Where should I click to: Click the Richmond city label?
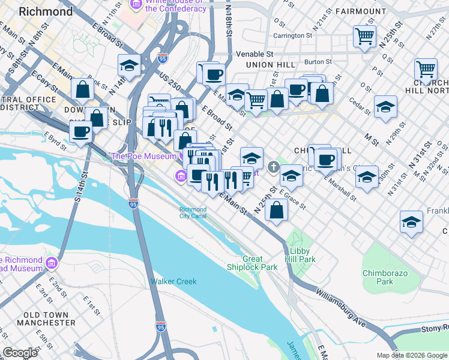(46, 11)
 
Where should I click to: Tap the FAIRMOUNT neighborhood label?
(360, 11)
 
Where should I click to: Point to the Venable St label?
(254, 53)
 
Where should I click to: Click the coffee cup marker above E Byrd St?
(80, 132)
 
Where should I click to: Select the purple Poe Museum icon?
(179, 175)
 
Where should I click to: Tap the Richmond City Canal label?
(193, 212)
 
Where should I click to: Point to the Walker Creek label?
(169, 281)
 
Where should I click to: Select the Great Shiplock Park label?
(252, 263)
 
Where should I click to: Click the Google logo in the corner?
(20, 353)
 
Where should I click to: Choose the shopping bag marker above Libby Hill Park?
(276, 211)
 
